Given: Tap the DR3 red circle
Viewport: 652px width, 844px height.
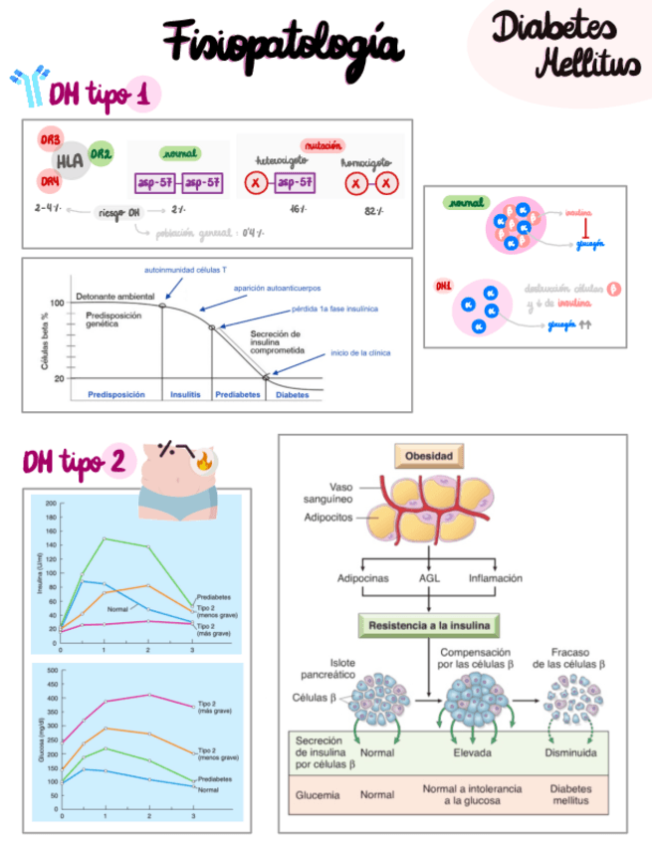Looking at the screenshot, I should [49, 140].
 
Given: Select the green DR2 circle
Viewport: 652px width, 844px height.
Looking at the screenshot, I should [101, 153].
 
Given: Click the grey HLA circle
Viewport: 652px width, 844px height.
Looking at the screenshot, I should [69, 160].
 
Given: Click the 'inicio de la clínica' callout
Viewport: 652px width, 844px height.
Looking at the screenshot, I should [360, 352].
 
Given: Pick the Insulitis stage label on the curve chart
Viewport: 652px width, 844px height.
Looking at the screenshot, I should [185, 394].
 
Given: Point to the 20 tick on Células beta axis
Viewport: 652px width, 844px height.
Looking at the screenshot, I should [58, 379].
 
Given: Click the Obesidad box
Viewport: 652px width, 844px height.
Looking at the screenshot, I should [428, 458].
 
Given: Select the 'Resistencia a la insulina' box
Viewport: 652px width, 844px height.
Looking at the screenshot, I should [428, 626].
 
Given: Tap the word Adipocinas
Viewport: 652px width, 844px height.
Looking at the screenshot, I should [363, 577].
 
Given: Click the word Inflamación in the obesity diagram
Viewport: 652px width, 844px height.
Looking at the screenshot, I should [496, 577].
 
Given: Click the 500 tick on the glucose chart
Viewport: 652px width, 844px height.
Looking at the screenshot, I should [52, 671].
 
